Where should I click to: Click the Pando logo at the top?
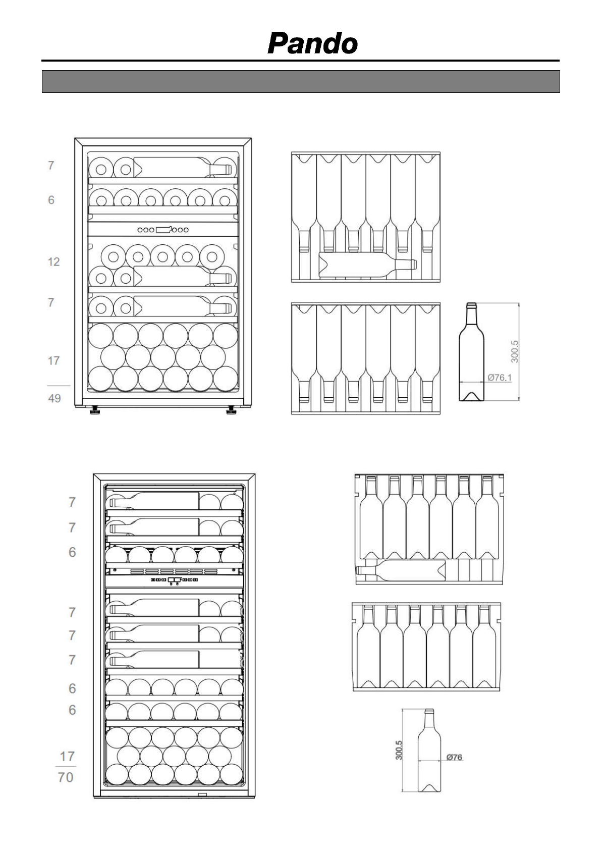312,43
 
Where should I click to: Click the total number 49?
54,398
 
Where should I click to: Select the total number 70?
66,777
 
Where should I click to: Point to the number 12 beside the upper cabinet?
53,261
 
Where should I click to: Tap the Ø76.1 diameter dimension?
499,377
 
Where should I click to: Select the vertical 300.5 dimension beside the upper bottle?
515,351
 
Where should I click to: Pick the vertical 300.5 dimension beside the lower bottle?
399,750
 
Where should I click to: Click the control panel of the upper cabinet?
162,230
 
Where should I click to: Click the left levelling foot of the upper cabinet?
94,411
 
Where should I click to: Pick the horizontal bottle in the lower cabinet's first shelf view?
401,570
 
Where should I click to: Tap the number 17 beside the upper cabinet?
53,360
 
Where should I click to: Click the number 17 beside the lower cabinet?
67,757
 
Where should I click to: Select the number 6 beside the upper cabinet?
51,200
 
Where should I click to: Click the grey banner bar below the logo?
301,81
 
